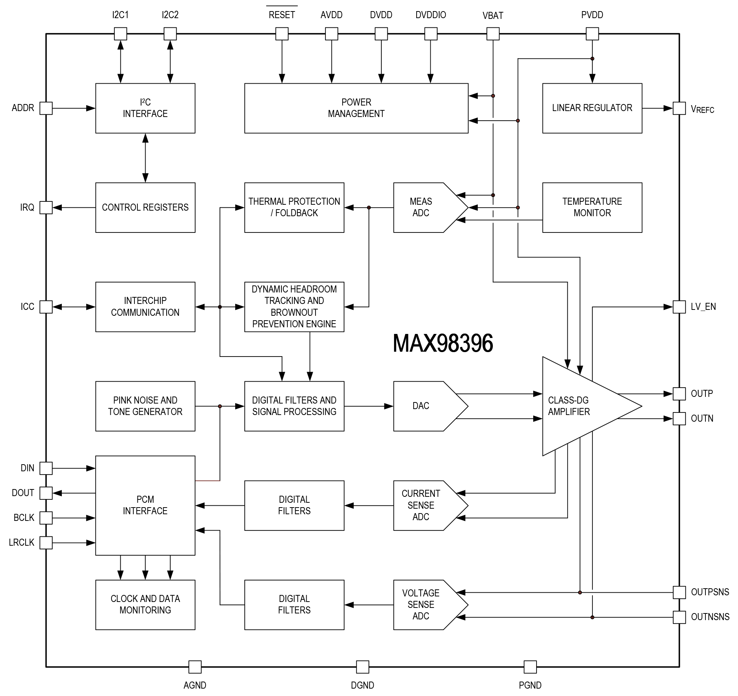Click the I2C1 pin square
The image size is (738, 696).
[120, 34]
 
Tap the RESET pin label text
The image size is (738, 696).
[282, 15]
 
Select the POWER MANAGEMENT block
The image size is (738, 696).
[356, 108]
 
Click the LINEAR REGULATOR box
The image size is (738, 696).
[592, 108]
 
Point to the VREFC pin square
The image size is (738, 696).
[679, 108]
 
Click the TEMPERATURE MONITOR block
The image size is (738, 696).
[592, 207]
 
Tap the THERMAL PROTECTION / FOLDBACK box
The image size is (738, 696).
[294, 207]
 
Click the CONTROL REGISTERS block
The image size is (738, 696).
[145, 207]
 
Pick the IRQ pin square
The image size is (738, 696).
[46, 207]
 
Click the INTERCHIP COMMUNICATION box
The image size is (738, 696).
[145, 307]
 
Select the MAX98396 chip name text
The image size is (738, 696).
[443, 343]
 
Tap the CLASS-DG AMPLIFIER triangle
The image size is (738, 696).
[579, 406]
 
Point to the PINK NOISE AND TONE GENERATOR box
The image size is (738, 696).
[145, 406]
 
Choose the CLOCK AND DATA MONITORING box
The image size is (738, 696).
[145, 605]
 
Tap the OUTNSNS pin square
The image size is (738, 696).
[679, 617]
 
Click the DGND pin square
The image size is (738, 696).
[362, 667]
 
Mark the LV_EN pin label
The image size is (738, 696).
[703, 307]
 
